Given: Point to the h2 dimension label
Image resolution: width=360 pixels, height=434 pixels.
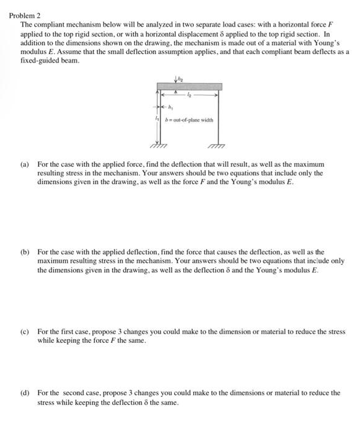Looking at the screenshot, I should [181, 77].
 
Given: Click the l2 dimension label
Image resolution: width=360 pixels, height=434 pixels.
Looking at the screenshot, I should [199, 96].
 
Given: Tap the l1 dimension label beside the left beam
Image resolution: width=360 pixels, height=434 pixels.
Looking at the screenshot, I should [156, 118].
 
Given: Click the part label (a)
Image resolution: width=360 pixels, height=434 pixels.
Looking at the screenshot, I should [25, 166].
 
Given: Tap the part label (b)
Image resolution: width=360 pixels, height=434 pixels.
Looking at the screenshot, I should [25, 253].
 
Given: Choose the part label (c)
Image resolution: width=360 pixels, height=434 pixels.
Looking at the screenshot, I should [25, 332].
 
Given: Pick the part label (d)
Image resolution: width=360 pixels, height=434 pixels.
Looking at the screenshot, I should [25, 392].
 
